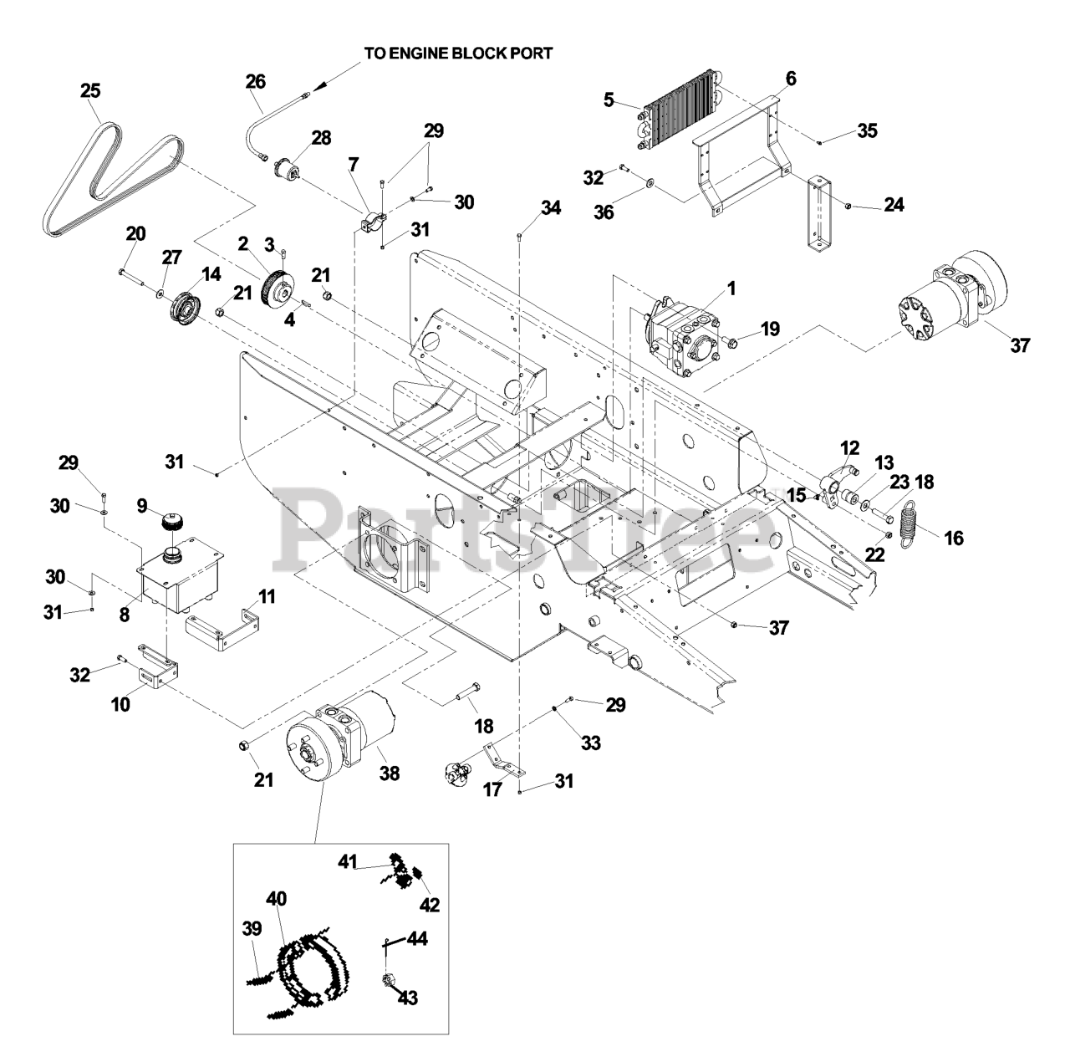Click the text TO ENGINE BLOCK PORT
[x=458, y=54]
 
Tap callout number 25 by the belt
[x=90, y=90]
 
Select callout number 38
[x=389, y=774]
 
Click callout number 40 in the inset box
[x=277, y=899]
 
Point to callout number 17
[x=492, y=788]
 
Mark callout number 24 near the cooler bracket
[x=894, y=205]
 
